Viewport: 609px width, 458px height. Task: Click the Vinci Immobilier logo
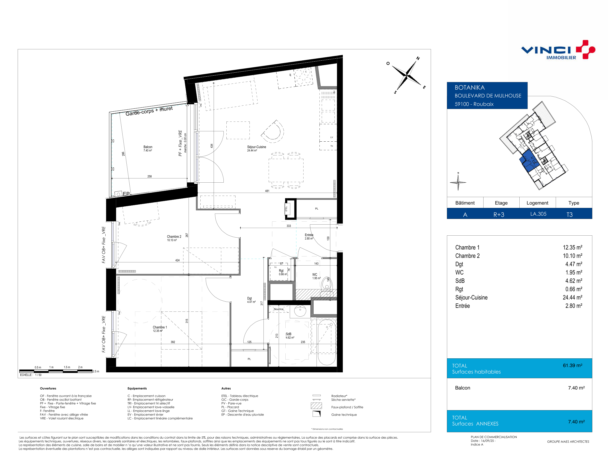(558, 50)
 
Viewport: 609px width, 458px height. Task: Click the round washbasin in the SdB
(300, 311)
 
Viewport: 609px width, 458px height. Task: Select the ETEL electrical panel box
(286, 209)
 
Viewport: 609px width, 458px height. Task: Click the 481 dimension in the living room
(267, 191)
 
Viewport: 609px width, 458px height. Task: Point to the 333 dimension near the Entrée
(289, 226)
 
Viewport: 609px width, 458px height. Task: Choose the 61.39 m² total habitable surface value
(572, 365)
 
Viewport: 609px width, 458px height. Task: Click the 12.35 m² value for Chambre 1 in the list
(572, 247)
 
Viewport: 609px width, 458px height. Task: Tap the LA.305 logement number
(538, 214)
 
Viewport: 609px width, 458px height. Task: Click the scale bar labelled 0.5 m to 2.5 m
(56, 371)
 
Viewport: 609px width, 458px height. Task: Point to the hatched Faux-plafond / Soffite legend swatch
(316, 406)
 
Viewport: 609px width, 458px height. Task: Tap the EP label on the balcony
(126, 194)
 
